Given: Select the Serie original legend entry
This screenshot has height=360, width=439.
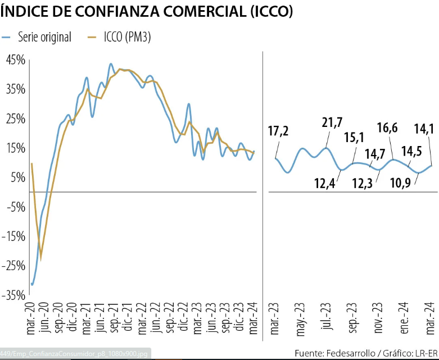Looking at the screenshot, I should [x=44, y=38].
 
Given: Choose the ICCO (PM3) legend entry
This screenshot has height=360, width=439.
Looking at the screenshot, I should [x=127, y=38].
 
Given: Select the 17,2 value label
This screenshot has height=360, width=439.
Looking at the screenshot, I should [x=278, y=132].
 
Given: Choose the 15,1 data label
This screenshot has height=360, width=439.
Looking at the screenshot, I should [x=353, y=138].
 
